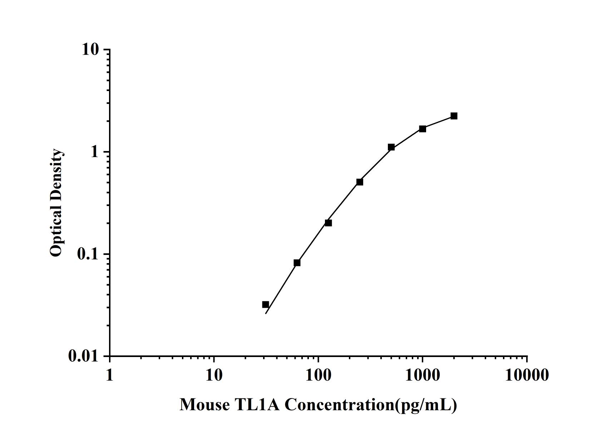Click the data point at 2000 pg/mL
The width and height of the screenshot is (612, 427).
pos(454,116)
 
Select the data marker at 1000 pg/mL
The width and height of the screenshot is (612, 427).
pos(423,129)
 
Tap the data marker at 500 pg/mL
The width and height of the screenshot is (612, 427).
pos(391,147)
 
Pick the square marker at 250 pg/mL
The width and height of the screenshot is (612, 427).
pos(360,182)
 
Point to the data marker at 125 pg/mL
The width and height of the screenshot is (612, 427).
pos(328,223)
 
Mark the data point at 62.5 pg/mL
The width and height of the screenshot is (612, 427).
pos(297,263)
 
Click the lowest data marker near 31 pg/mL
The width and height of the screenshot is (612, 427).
pos(266,305)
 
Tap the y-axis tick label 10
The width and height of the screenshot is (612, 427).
pos(90,50)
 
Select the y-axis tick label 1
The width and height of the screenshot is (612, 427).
pos(94,152)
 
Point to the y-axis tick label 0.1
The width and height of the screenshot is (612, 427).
pos(88,254)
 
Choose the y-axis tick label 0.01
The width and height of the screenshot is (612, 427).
pos(83,356)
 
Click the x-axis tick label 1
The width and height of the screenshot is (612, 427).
pos(109,375)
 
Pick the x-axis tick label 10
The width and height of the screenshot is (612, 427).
pos(214,375)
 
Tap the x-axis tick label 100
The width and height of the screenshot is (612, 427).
pos(318,375)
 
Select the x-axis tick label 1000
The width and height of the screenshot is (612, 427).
pos(423,375)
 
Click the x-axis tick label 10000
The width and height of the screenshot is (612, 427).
pos(527,375)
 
